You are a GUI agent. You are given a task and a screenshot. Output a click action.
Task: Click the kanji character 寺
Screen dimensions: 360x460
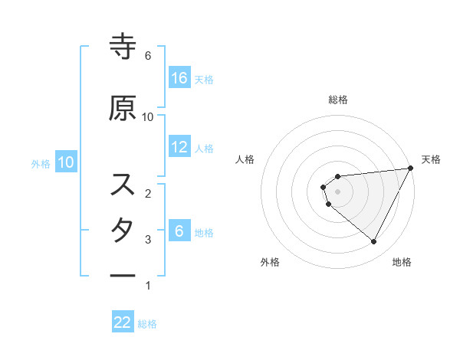123,47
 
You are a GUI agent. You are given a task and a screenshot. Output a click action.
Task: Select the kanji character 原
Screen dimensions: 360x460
123,108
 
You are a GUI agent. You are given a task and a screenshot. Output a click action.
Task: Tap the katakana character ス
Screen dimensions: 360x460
123,185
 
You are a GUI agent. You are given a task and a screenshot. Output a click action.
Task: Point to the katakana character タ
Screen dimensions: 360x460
123,230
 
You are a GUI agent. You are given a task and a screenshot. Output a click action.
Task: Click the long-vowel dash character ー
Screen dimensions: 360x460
123,275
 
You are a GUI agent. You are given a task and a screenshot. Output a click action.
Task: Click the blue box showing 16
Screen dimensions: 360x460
179,78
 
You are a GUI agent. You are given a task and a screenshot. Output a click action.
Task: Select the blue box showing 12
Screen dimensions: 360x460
179,148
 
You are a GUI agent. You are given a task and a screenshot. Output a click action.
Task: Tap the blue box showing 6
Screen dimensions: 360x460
179,231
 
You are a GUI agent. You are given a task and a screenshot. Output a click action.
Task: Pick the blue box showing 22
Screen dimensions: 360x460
123,322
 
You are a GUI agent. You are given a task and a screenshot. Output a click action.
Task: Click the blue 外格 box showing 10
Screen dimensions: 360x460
65,162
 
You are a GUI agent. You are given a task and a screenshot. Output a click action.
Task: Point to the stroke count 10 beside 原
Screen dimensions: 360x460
148,116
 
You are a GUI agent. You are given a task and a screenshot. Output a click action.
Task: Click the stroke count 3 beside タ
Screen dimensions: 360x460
148,240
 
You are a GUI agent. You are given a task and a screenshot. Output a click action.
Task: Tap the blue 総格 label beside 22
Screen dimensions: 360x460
147,323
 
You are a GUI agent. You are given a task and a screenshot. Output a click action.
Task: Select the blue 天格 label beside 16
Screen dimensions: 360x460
204,79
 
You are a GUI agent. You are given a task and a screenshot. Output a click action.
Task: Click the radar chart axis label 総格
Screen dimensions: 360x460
338,100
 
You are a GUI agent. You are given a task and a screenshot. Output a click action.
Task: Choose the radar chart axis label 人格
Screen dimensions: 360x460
245,159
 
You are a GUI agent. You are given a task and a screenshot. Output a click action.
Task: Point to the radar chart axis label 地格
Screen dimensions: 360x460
402,262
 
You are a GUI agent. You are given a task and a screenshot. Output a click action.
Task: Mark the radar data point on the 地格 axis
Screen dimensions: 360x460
373,241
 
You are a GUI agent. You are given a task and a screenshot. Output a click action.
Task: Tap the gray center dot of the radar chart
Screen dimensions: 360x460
338,191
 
